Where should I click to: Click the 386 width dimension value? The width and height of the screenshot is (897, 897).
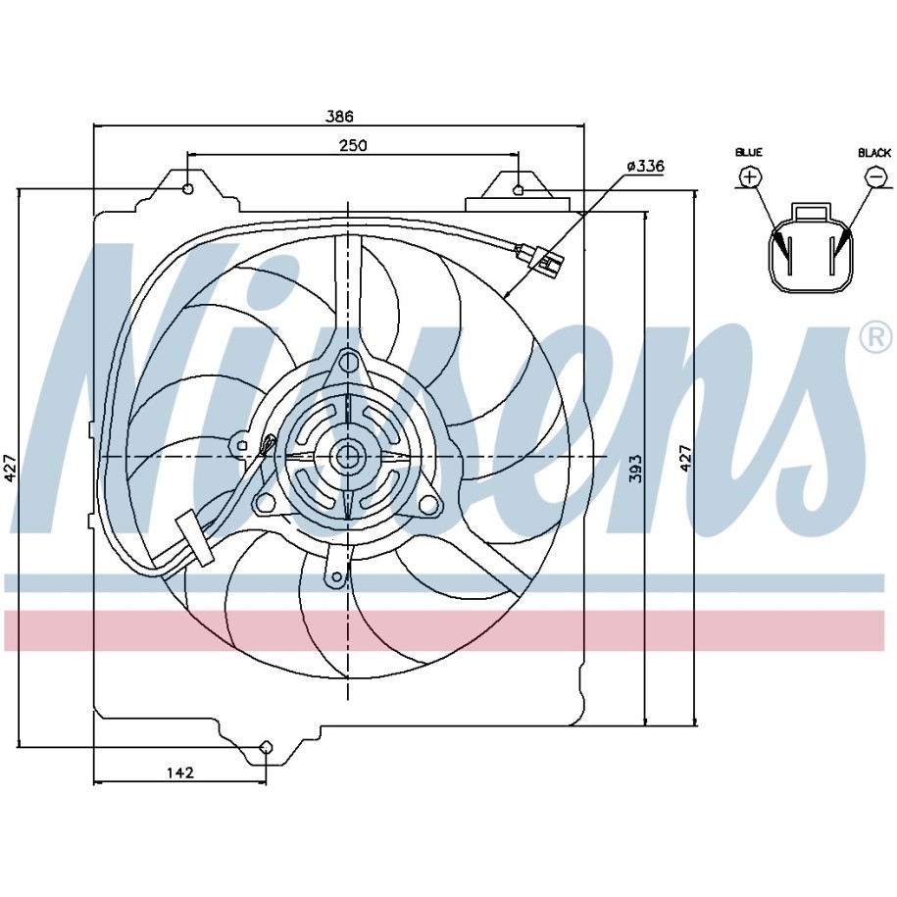(340, 116)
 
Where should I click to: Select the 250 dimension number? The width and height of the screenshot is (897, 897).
(353, 146)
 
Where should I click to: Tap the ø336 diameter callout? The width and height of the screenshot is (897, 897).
(645, 167)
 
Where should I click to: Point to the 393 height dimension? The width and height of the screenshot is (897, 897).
(635, 469)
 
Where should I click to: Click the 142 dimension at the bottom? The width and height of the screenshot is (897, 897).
(180, 772)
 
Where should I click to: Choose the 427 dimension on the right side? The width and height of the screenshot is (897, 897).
(685, 458)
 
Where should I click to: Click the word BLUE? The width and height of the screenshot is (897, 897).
(749, 152)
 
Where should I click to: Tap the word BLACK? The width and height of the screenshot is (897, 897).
(874, 153)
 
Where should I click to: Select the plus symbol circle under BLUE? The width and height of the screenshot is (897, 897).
(750, 176)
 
